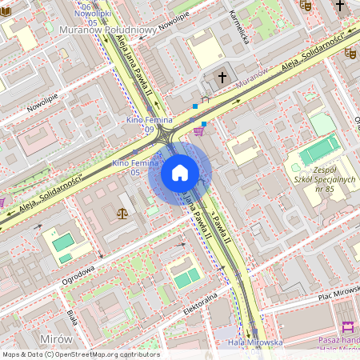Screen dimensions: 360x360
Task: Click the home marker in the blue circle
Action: tap(180, 173)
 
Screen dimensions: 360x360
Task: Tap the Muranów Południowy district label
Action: tap(106, 30)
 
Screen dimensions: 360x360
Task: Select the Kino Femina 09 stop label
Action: tap(139, 123)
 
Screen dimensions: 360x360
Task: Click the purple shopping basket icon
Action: tap(198, 131)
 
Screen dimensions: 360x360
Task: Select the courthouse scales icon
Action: tap(122, 214)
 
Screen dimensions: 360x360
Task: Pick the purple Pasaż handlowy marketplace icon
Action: tap(347, 328)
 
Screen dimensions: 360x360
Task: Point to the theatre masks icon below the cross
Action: tap(350, 53)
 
